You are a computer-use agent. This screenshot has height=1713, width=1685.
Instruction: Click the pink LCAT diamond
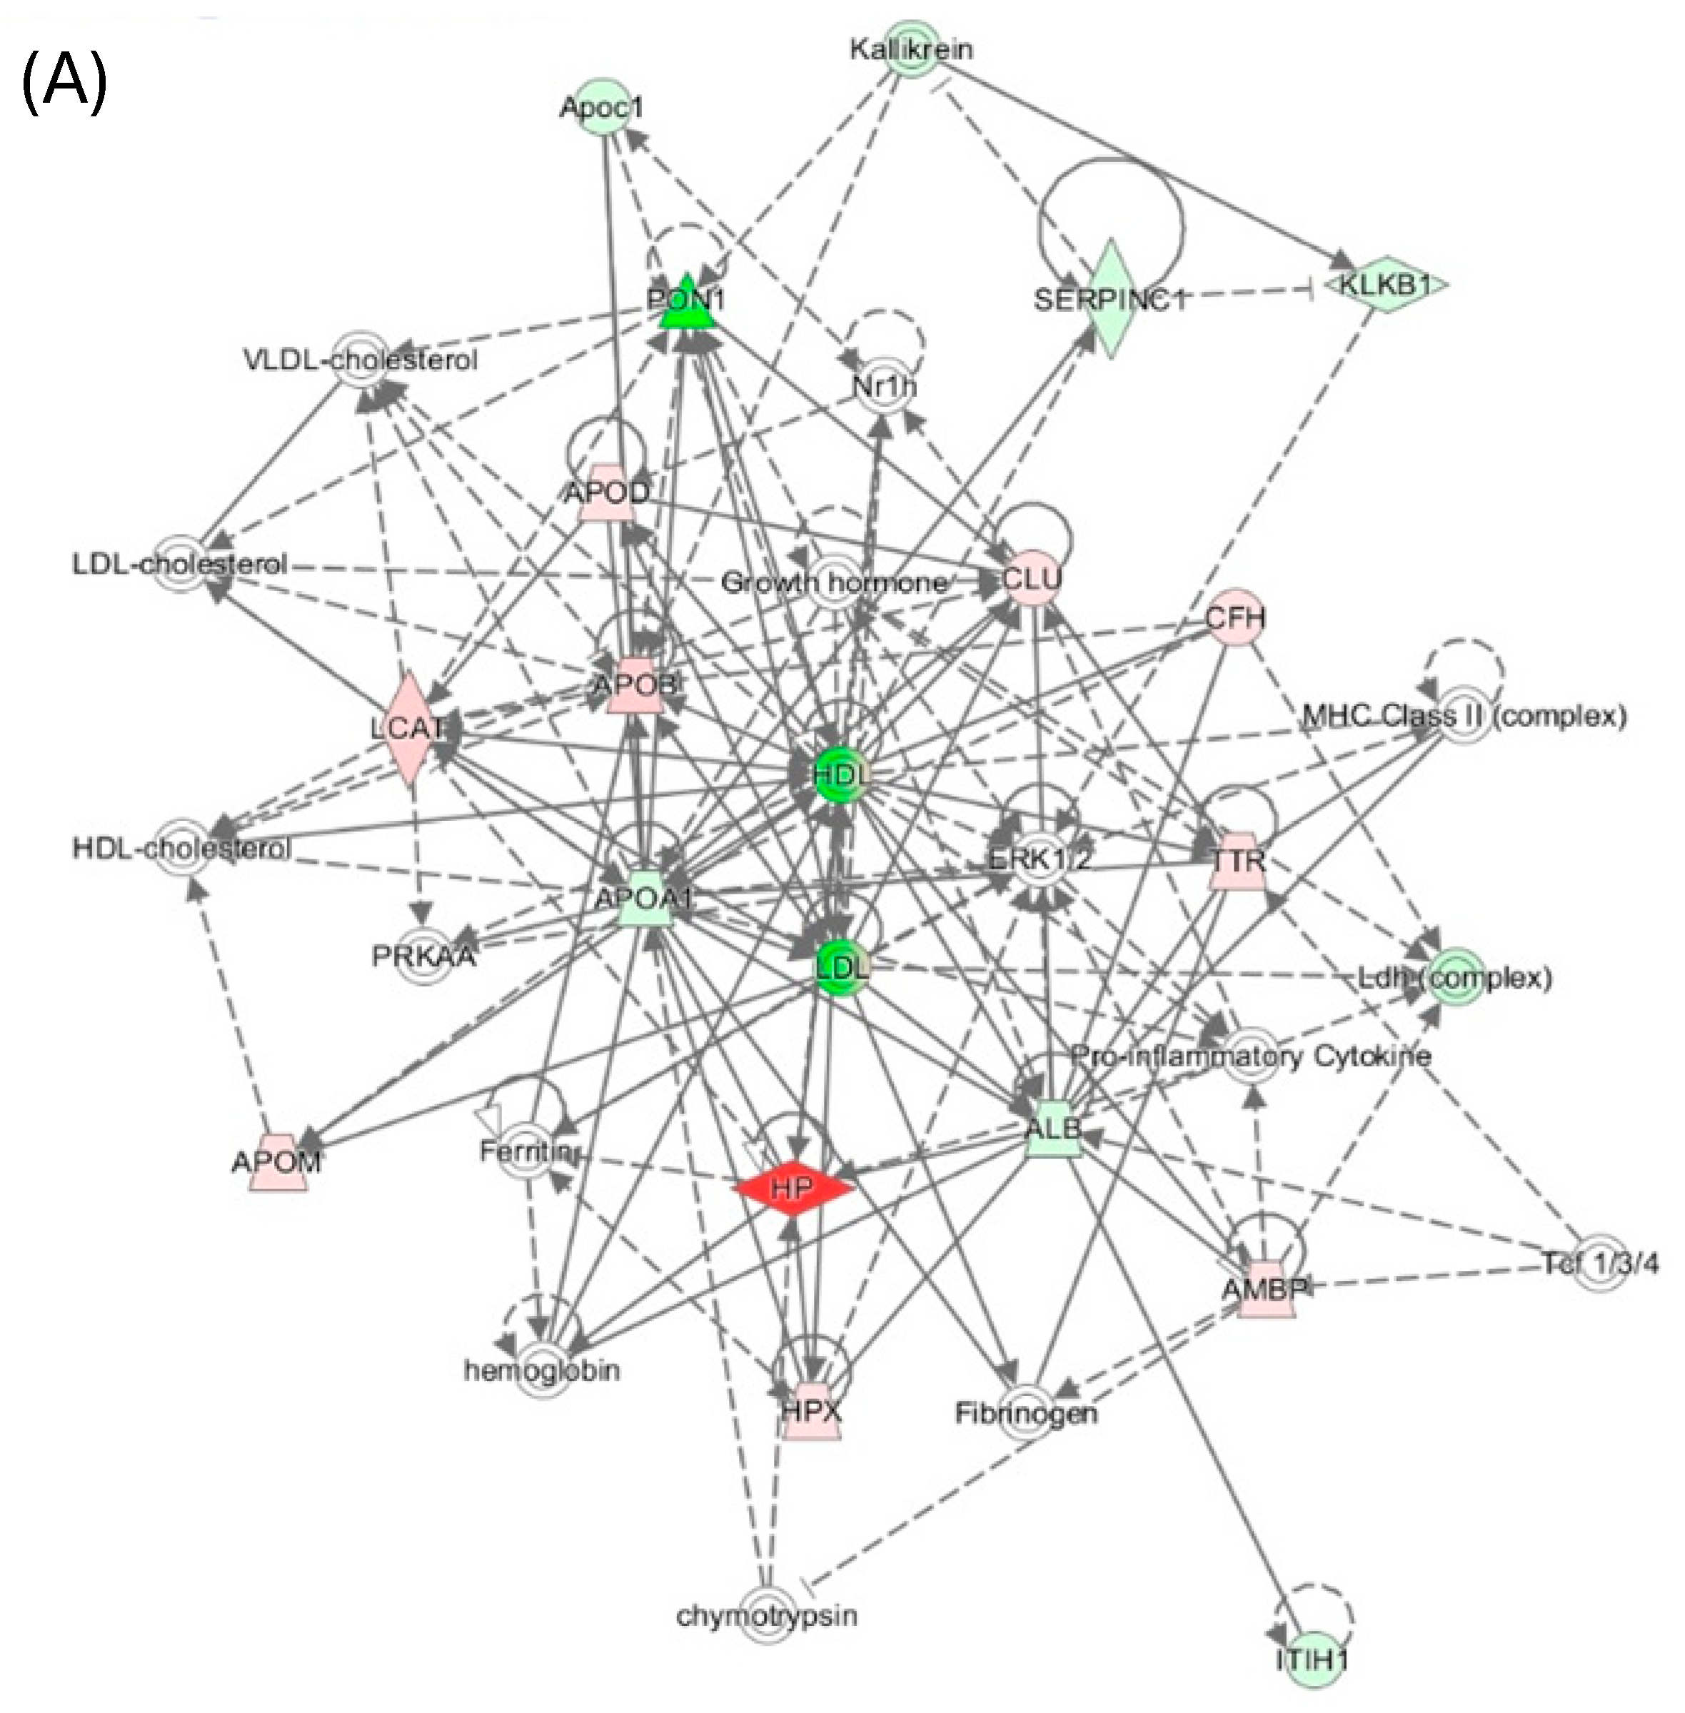(x=408, y=727)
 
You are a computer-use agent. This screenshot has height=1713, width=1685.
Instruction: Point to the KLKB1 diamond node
(x=1386, y=285)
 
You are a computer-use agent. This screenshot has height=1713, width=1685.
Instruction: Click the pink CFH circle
(x=1235, y=617)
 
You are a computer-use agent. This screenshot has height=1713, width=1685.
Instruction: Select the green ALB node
(x=1054, y=1129)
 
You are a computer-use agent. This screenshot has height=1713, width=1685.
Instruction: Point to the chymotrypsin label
(x=766, y=1617)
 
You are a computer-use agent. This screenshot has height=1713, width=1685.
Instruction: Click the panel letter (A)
(x=64, y=81)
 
